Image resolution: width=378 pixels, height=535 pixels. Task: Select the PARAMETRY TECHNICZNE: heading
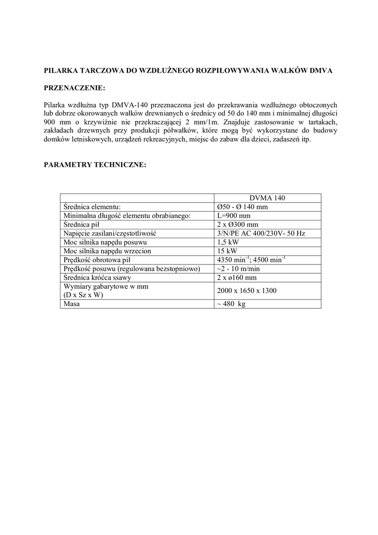coord(94,164)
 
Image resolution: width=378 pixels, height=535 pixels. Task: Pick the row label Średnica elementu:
coord(92,206)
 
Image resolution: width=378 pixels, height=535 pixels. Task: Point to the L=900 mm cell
coord(233,215)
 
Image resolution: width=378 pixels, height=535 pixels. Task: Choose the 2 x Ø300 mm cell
coord(237,224)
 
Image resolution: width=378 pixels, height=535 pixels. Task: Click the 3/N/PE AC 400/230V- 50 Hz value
coord(261,233)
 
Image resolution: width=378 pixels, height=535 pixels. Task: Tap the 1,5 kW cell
coord(228,242)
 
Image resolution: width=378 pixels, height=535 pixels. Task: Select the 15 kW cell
coord(227,251)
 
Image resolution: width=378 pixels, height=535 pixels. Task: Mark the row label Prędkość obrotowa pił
coord(97,260)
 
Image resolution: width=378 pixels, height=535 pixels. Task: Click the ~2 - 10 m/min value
coord(238,269)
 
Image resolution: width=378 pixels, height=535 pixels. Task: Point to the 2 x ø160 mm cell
coord(237,277)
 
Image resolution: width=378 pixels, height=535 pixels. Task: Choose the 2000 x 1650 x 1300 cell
coord(246,290)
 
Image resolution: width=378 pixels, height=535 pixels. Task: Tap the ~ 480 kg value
coord(231,304)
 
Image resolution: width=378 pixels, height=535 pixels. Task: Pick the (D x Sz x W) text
coord(83,295)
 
